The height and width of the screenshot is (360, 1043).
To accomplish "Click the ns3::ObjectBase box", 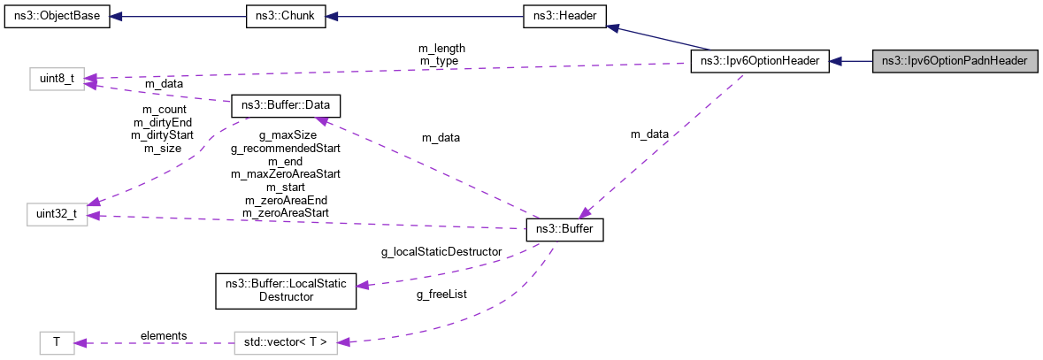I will point(57,18).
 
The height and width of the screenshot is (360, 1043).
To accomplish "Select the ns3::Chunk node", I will point(286,18).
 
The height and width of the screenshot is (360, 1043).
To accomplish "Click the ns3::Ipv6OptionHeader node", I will point(759,61).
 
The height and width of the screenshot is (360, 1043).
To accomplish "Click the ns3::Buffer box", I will point(564,231).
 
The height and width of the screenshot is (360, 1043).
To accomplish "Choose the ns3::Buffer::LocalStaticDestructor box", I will point(286,291).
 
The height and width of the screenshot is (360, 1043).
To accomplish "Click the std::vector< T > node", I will point(286,342).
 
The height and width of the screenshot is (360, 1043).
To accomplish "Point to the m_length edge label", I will point(441,48).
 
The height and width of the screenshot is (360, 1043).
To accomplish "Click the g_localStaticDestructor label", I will point(441,252).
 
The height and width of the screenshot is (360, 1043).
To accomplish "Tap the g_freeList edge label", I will point(441,294).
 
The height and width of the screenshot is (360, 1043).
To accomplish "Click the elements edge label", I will point(164,335).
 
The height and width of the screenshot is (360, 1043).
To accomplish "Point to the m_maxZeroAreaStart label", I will point(285,174).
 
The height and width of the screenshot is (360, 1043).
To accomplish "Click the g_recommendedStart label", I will point(285,149).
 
